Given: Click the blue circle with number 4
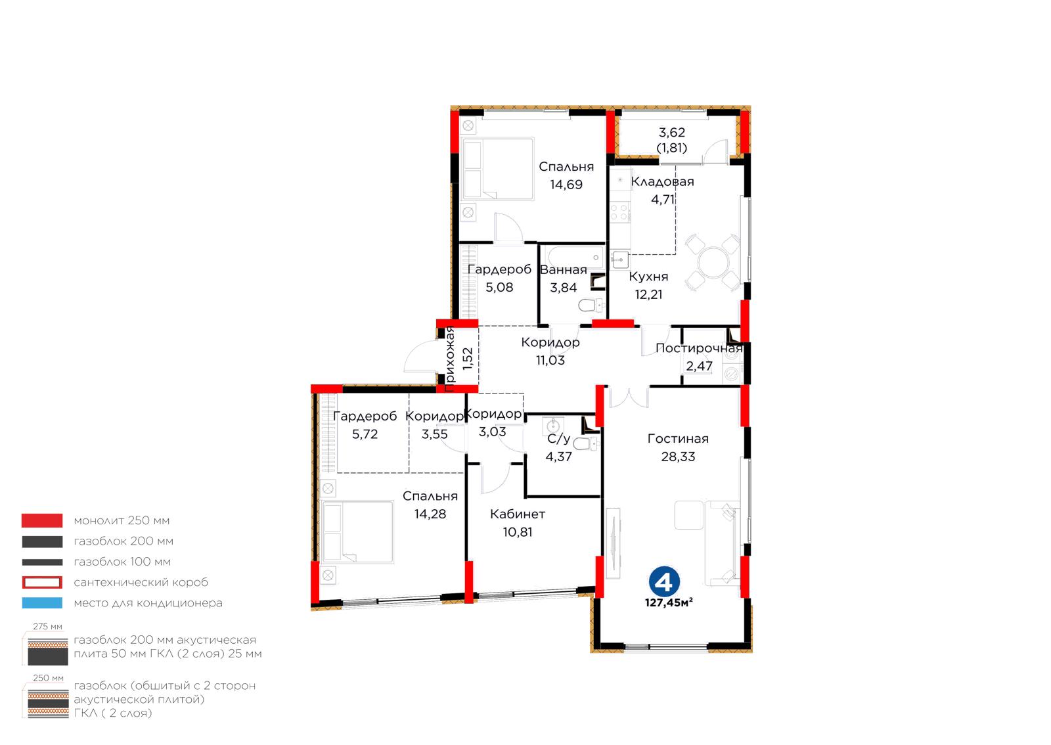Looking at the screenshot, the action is pos(664,581).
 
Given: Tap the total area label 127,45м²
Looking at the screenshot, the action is pos(669,603).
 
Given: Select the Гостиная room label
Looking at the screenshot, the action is pos(678,439).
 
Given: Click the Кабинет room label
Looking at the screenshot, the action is pos(518,514).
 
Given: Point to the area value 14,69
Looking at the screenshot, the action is pos(566,185).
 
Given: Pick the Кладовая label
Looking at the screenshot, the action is pos(663,182).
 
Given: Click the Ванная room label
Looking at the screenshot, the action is pos(564,270).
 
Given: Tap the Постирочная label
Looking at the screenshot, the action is pos(699,348).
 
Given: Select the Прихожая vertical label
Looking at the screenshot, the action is pos(449,359).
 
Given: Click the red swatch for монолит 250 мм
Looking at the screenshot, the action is pos(42,520).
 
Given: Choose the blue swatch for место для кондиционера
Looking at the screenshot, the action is pos(42,603).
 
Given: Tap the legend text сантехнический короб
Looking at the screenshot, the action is pos(141,582).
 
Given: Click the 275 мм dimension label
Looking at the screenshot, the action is pos(47,626).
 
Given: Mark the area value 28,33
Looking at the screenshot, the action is pos(678,457).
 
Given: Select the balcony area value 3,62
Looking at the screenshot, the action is pos(672,132).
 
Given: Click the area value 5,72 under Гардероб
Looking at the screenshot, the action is pos(365,434).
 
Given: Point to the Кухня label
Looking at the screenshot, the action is pos(648,277).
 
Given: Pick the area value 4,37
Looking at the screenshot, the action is pos(558,457).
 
